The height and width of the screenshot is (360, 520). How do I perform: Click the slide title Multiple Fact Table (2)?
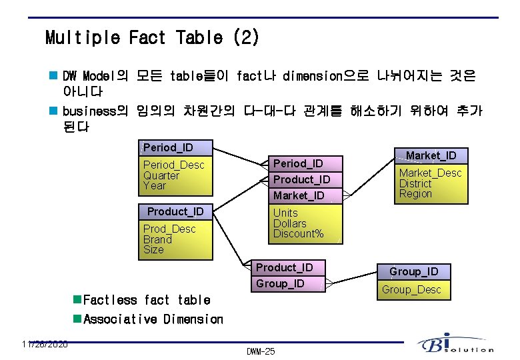coord(152,37)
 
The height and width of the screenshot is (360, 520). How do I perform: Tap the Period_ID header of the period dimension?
coord(168,147)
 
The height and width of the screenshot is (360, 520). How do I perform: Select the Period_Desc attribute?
coord(173,165)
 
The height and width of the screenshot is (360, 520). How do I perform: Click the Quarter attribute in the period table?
coord(161,175)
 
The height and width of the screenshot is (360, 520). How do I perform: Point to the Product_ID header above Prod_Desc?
coord(175,211)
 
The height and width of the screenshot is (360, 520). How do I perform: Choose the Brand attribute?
coord(157,239)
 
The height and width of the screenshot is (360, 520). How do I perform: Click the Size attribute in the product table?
coord(153,249)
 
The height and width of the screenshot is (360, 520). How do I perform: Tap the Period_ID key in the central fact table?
coord(298,163)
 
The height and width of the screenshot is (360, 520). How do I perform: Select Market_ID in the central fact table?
coord(298,195)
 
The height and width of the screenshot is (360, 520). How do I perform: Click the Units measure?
coord(285,213)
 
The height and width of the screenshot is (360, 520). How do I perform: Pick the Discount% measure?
coord(298,233)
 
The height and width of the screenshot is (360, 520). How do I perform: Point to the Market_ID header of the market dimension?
coord(431,155)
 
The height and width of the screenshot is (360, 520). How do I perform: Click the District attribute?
coord(415,183)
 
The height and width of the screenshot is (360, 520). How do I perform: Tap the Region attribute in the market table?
coord(415,193)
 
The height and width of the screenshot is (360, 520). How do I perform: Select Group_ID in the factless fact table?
coord(280,283)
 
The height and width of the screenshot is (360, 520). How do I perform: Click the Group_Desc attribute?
coord(411,289)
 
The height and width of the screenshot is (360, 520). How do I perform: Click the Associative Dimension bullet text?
coord(153,319)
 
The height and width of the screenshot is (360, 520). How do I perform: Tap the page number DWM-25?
coord(260,351)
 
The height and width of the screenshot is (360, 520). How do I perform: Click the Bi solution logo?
coord(456,343)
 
